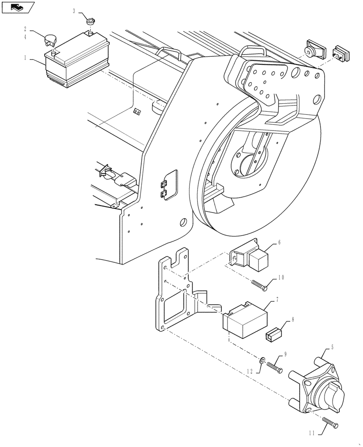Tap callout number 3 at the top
[74, 11]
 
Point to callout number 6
[279, 242]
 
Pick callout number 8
[292, 320]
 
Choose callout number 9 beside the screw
[285, 354]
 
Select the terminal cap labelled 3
[91, 21]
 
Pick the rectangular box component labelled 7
[245, 320]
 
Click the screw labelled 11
[331, 422]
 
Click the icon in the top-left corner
[18, 7]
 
